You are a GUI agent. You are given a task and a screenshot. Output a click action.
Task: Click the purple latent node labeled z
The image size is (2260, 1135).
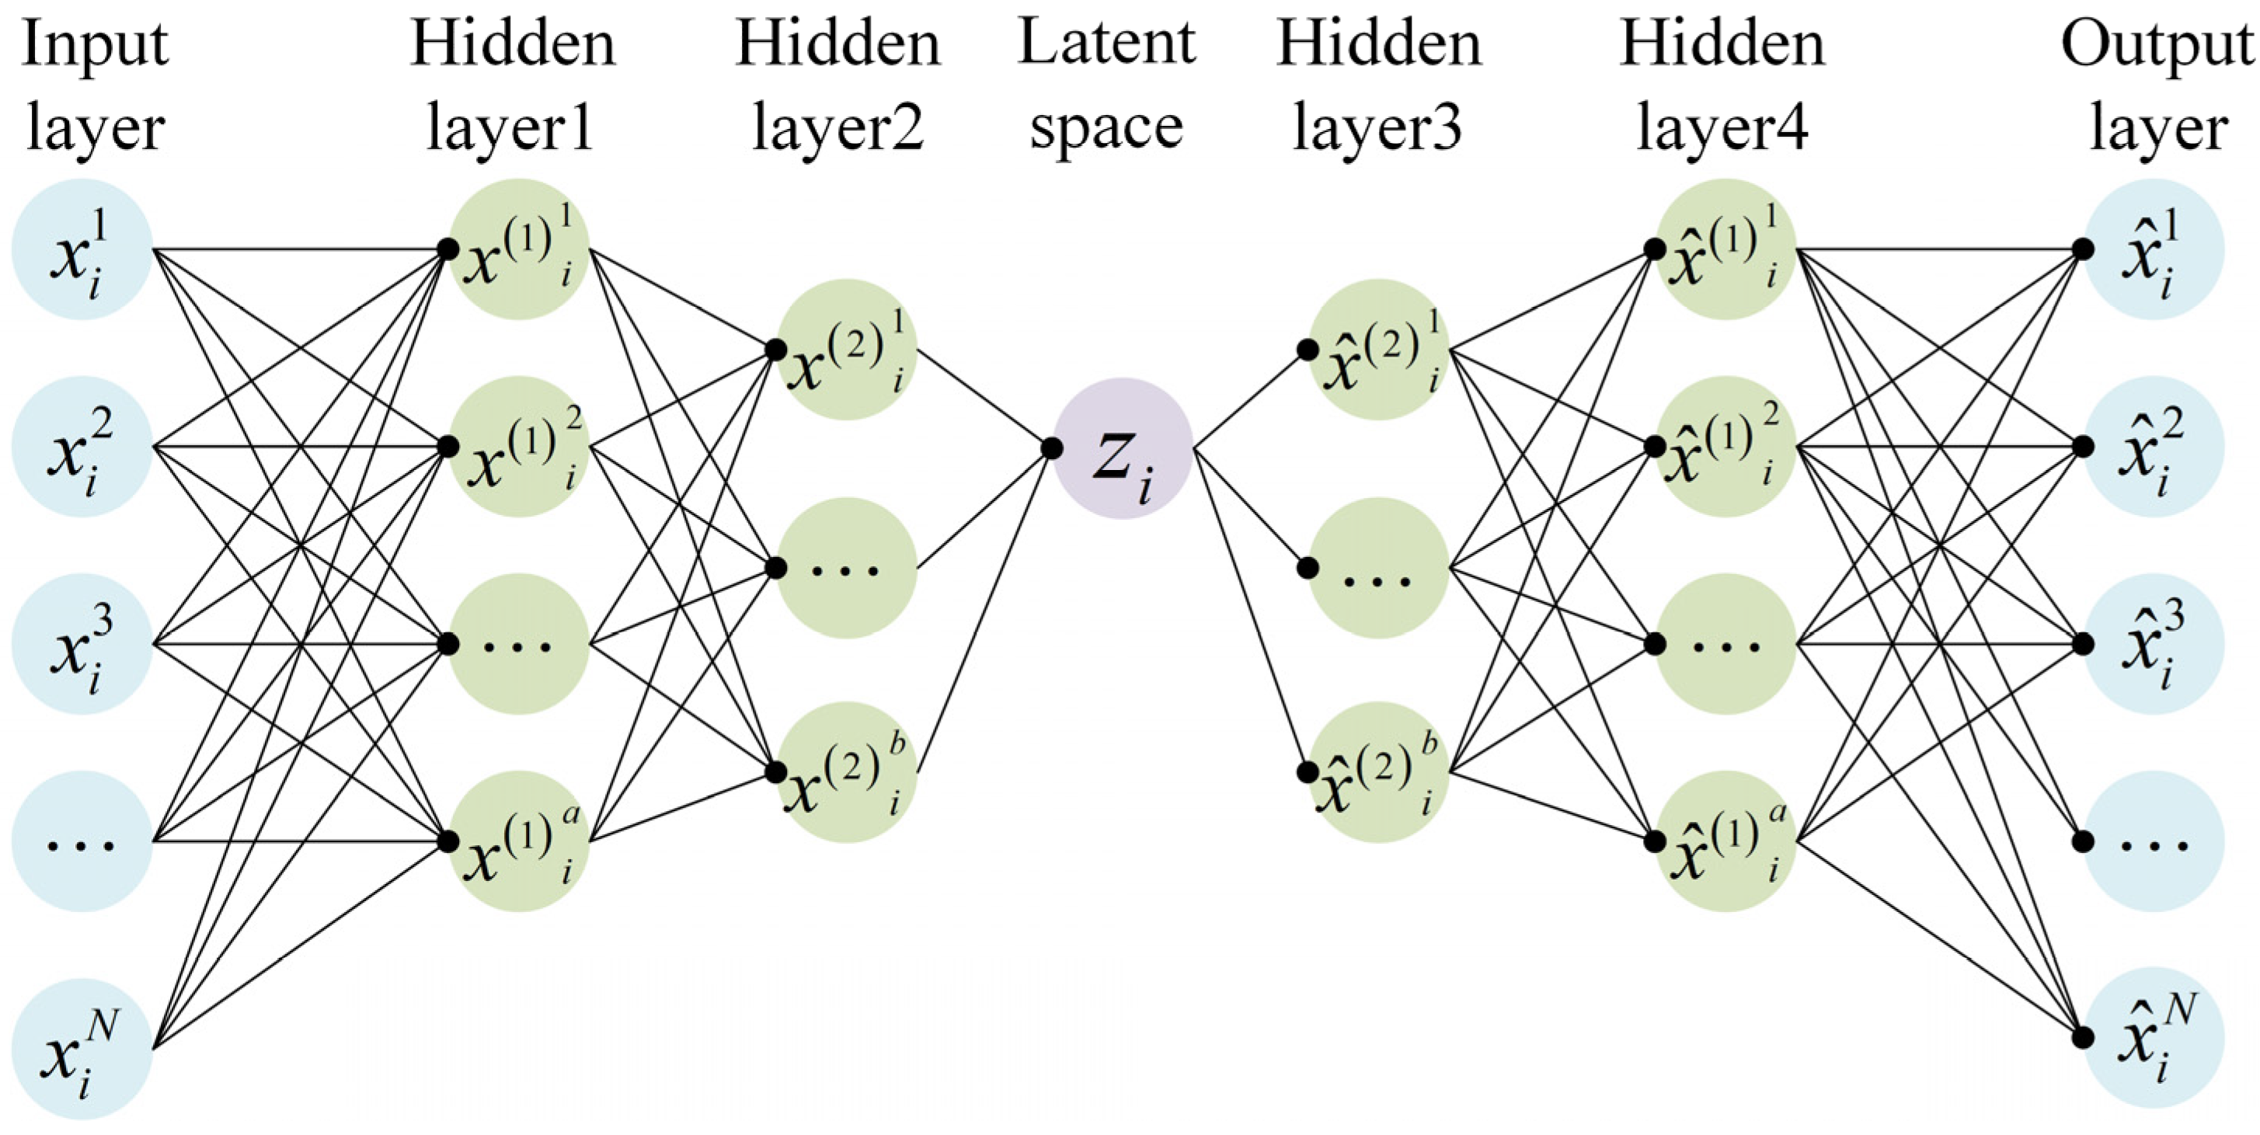[x=1122, y=448]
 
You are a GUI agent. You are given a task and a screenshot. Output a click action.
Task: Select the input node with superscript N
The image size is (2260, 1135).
[x=82, y=1048]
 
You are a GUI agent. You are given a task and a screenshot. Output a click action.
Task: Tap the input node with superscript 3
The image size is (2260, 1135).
[x=82, y=644]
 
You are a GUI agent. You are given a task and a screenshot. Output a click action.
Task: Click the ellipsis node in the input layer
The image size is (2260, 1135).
[x=82, y=841]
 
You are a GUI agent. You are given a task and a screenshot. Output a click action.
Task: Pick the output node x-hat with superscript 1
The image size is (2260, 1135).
[x=2154, y=249]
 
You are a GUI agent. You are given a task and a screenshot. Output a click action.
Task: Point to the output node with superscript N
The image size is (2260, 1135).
[x=2154, y=1038]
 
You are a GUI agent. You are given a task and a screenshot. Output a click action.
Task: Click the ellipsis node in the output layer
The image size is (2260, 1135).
[x=2154, y=841]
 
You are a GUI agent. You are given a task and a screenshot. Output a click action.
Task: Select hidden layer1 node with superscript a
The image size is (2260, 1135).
[x=520, y=841]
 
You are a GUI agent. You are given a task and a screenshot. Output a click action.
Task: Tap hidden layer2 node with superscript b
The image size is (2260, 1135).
[x=846, y=772]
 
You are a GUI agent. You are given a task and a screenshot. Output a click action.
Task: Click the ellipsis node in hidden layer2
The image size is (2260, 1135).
[x=846, y=569]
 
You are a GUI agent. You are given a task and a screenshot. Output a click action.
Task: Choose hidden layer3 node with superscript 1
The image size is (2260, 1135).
[x=1378, y=350]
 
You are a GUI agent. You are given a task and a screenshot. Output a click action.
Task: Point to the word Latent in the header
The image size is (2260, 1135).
[x=1106, y=44]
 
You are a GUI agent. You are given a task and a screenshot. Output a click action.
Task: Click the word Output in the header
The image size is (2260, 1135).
[x=2157, y=44]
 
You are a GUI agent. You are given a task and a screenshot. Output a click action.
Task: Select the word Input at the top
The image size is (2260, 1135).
[x=94, y=44]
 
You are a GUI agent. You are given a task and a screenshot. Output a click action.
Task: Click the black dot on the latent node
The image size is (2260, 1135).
[x=1052, y=448]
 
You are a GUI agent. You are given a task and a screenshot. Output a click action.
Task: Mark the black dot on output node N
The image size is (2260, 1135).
[x=2083, y=1038]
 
